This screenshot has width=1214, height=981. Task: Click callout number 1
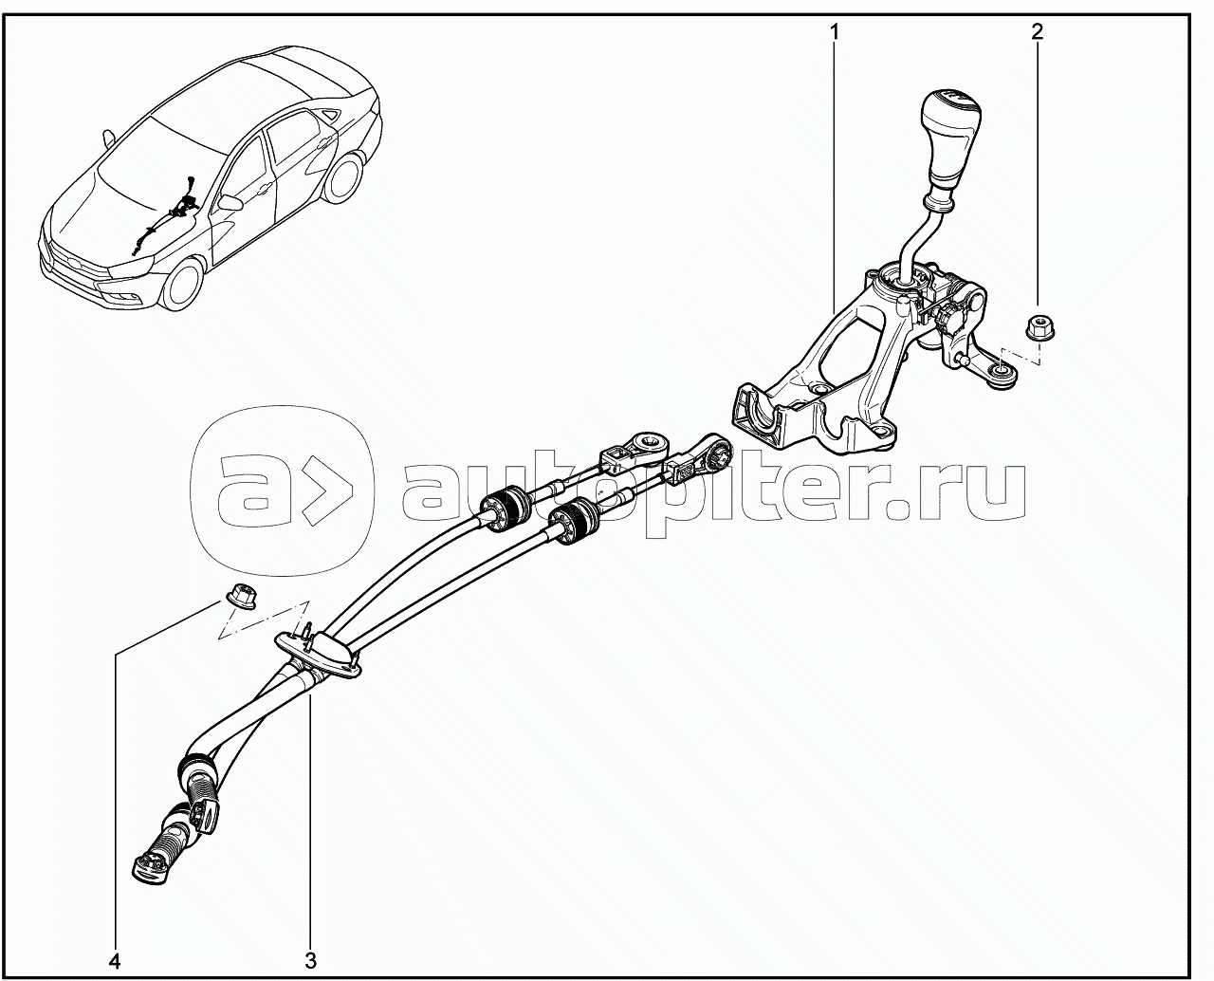tap(834, 32)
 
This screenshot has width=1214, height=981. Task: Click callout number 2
tap(1038, 31)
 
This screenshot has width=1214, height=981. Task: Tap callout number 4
tap(115, 962)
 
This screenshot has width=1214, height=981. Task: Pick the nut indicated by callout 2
tap(1039, 329)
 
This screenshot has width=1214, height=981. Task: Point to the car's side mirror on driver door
tap(230, 203)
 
